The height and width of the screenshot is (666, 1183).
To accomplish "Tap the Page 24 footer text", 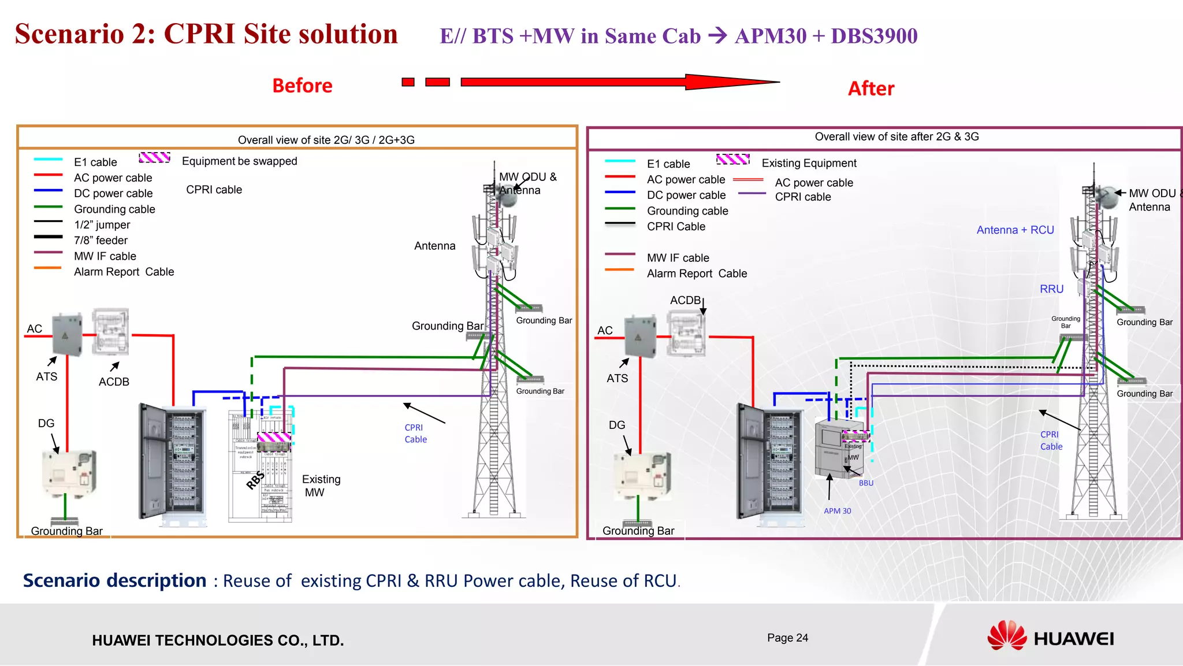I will tap(787, 638).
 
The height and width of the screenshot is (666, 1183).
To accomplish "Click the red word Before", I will tap(302, 86).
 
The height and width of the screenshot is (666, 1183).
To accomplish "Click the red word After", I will tap(870, 88).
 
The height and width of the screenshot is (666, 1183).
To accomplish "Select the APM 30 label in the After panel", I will tap(837, 511).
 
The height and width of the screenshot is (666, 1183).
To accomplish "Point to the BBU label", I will tap(866, 483).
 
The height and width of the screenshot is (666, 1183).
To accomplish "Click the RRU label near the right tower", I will tap(1051, 289).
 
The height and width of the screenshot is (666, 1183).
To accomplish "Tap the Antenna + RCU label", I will tap(1015, 230).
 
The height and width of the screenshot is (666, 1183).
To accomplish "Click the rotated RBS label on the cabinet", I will tap(255, 480).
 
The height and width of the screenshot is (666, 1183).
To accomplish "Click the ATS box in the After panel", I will tap(639, 336).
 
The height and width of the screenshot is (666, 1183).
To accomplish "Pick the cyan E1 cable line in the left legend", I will tap(48, 160).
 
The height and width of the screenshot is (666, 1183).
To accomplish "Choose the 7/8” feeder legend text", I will tap(101, 240).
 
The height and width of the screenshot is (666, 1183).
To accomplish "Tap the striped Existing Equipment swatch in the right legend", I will tap(732, 160).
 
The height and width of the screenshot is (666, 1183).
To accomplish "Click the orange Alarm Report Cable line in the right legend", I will tap(619, 270).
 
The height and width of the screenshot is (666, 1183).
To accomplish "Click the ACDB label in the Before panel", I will tap(114, 382).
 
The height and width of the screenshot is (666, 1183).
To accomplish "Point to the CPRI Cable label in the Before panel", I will tap(415, 434).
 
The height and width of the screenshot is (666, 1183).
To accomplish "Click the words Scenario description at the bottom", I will tap(114, 580).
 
